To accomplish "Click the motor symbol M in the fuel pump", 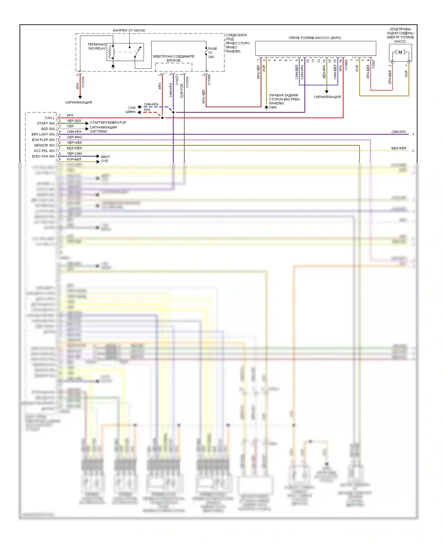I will [400, 52].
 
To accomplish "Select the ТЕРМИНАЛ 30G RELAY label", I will [97, 46].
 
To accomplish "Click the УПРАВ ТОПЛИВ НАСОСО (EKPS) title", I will [315, 38].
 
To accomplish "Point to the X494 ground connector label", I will [272, 108].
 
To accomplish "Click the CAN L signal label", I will [50, 118].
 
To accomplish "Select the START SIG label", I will [46, 123].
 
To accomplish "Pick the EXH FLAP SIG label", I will [43, 140].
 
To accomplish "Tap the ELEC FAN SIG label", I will [43, 156].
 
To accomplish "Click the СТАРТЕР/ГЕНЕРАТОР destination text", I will [108, 122].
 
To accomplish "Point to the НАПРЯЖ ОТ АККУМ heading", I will [129, 30].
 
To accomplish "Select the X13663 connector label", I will [346, 65].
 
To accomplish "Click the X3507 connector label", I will [374, 64].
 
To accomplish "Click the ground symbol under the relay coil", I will [113, 67].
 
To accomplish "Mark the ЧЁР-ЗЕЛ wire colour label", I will [74, 121].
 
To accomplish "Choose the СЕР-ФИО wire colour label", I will [74, 137].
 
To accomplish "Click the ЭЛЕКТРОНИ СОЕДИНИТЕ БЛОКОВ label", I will [173, 58].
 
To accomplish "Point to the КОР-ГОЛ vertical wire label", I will [182, 91].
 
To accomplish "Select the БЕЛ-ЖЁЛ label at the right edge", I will [398, 148].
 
